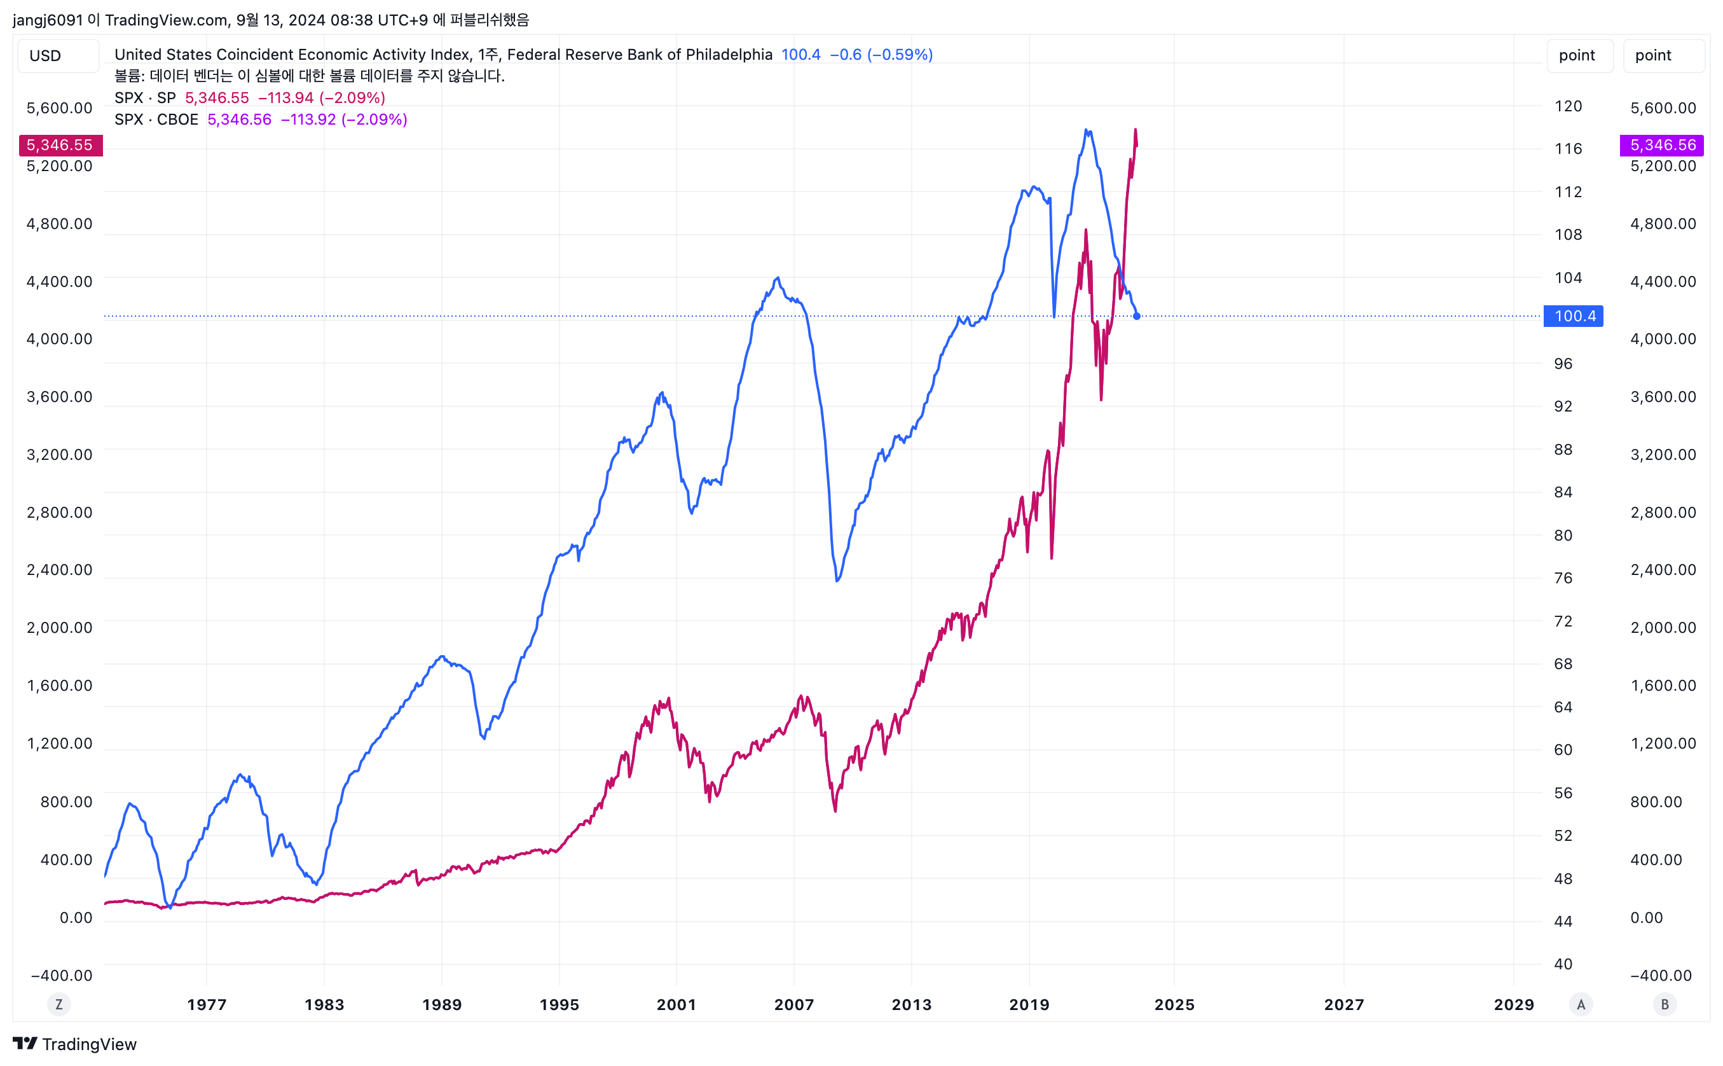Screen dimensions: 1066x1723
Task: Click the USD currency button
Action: click(x=45, y=56)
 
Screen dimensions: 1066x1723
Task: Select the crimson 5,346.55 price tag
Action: click(x=60, y=145)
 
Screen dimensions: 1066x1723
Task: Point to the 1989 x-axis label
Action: click(x=442, y=1005)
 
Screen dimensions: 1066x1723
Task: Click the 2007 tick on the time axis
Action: click(x=794, y=1005)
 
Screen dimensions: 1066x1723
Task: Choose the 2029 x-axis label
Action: click(x=1514, y=1005)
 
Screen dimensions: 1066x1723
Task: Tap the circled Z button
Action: click(x=58, y=1005)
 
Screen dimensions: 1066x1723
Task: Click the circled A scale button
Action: click(x=1581, y=1005)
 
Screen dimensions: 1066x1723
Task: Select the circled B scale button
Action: click(x=1665, y=1005)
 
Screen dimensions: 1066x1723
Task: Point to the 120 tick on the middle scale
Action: click(x=1568, y=106)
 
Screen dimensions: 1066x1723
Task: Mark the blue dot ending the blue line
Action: click(x=1137, y=317)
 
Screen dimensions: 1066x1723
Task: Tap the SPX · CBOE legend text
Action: click(x=156, y=120)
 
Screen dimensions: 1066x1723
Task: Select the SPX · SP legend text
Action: click(x=145, y=98)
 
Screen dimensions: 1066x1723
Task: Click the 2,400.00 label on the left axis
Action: click(x=59, y=570)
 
